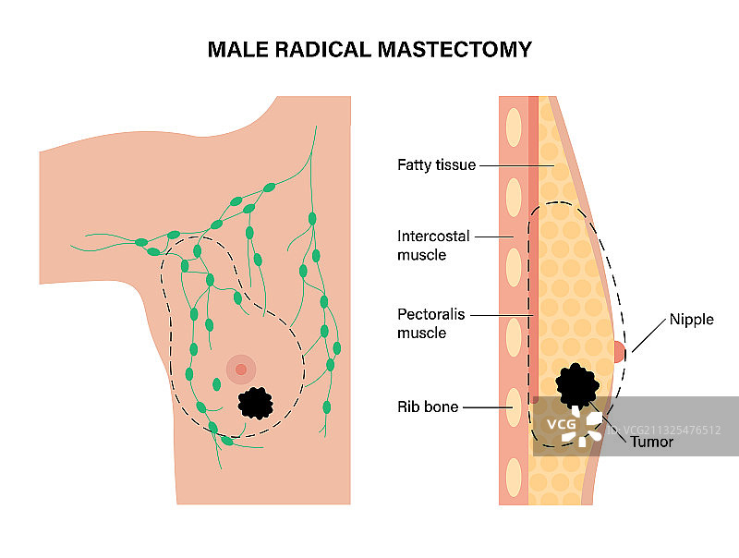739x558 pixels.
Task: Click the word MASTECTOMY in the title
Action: point(455,49)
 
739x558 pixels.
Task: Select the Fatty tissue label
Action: point(436,165)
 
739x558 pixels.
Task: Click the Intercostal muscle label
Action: point(434,245)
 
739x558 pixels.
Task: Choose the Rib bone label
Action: point(428,406)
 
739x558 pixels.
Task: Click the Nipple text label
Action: point(692,321)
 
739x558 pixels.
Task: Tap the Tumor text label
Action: point(651,442)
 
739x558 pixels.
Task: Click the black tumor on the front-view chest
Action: point(256,402)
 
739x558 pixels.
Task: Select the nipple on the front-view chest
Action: point(241,370)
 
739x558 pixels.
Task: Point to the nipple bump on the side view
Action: point(620,351)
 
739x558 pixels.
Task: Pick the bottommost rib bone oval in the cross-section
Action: point(513,475)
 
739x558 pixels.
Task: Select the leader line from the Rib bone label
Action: point(485,406)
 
